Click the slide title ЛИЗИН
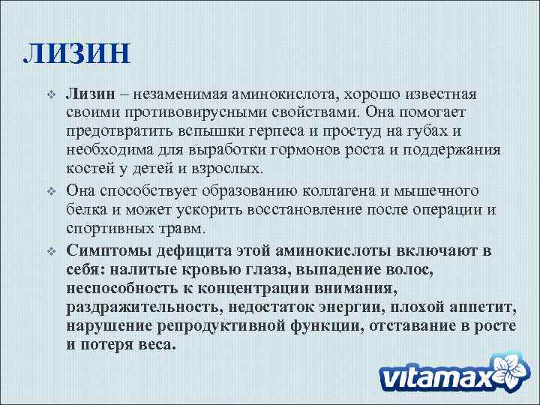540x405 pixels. [77, 54]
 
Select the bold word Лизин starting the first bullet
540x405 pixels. [89, 94]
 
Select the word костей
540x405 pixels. [88, 168]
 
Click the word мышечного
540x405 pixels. [439, 192]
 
